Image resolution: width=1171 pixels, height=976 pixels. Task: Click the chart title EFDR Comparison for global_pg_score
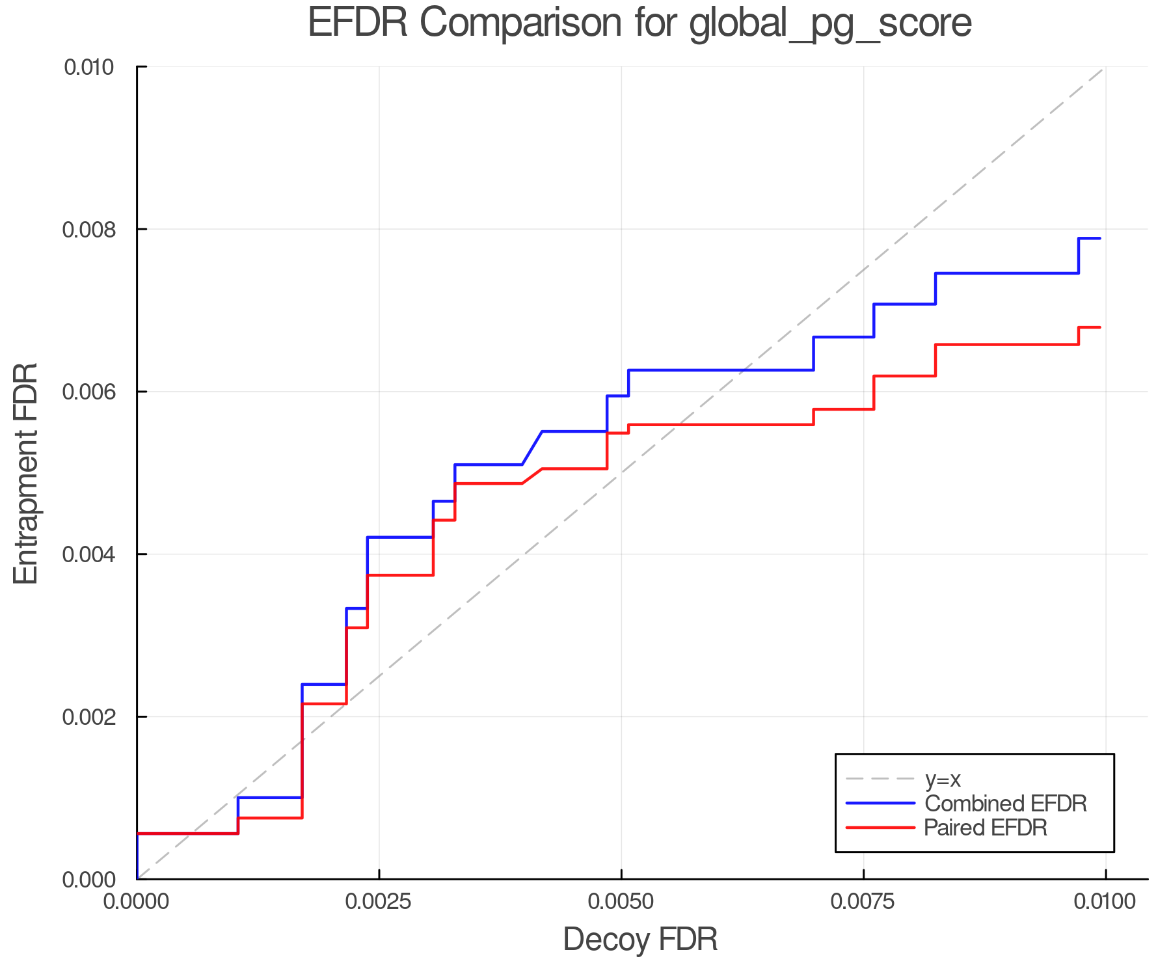[x=639, y=23]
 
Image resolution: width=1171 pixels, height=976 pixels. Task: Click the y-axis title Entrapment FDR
[x=27, y=473]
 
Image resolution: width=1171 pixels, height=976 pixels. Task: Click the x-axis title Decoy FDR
[x=640, y=940]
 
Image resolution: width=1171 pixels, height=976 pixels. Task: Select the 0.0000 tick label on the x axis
[x=137, y=902]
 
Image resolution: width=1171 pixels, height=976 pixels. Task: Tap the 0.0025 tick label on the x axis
[x=379, y=902]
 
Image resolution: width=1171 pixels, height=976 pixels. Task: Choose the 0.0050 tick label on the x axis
[x=621, y=902]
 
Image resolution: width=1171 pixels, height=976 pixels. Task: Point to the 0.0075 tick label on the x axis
[x=863, y=902]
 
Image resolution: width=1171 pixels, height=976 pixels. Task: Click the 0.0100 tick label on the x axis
[x=1105, y=902]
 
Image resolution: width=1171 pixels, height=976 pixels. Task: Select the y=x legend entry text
[x=943, y=779]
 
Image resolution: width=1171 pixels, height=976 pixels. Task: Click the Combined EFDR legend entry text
[x=1005, y=804]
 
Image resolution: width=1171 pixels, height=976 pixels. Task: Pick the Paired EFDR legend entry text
[x=986, y=828]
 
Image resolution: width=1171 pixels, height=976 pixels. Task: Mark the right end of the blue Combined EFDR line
[x=1100, y=239]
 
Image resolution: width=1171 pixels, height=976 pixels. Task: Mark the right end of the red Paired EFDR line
[x=1100, y=327]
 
